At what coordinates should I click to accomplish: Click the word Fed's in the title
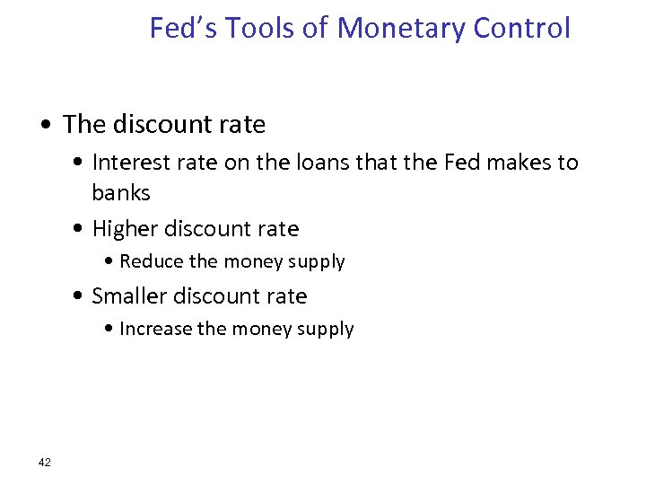click(182, 28)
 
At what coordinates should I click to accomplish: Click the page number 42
click(45, 463)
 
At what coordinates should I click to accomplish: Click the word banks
click(121, 193)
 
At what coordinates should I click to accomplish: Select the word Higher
click(126, 230)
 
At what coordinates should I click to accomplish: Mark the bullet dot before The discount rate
click(48, 126)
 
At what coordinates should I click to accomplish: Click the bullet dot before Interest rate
click(80, 163)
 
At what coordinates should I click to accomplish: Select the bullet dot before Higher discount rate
click(80, 230)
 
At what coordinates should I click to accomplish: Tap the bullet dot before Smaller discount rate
click(80, 297)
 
